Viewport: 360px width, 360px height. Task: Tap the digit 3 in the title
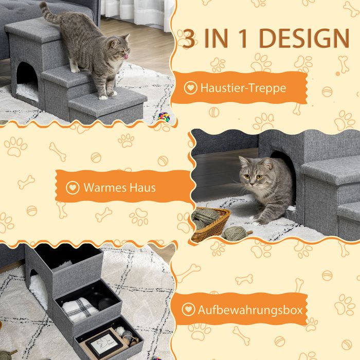pos(189,39)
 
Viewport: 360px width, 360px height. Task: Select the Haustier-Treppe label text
pos(243,88)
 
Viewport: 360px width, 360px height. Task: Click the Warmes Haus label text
pos(120,187)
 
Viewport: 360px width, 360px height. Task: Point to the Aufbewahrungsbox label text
pos(250,310)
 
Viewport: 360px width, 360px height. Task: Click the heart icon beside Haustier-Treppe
pos(190,88)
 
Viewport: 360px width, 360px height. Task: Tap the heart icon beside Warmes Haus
pos(73,188)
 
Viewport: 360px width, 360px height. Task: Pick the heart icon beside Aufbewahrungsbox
pos(188,309)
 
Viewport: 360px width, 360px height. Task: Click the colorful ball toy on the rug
pos(164,116)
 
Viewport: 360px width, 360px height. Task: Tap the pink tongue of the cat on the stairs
pos(126,57)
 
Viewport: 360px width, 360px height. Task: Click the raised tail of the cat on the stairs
pos(49,14)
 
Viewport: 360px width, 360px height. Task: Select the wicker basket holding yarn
pos(210,224)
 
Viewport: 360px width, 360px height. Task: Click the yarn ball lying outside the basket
pos(235,233)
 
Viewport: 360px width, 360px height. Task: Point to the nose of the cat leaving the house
pos(252,184)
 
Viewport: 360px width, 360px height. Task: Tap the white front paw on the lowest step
pos(103,98)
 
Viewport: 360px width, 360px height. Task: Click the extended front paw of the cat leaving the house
pos(258,222)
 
